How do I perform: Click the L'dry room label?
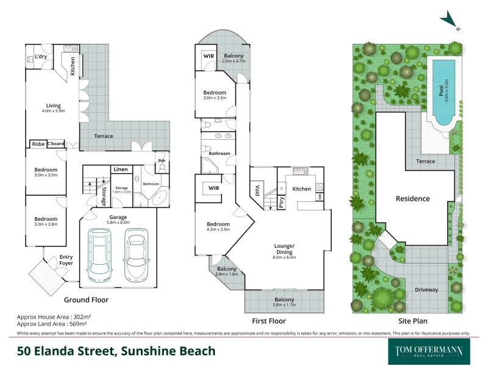tap(41, 57)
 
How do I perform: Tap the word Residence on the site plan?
tap(413, 198)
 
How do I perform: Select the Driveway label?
tap(426, 290)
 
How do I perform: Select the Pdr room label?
tap(161, 161)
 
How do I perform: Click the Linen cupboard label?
tap(120, 169)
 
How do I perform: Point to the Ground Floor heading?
tap(86, 300)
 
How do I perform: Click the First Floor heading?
tap(268, 320)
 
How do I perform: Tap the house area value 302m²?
tap(80, 318)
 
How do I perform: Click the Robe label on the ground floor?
tap(38, 145)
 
